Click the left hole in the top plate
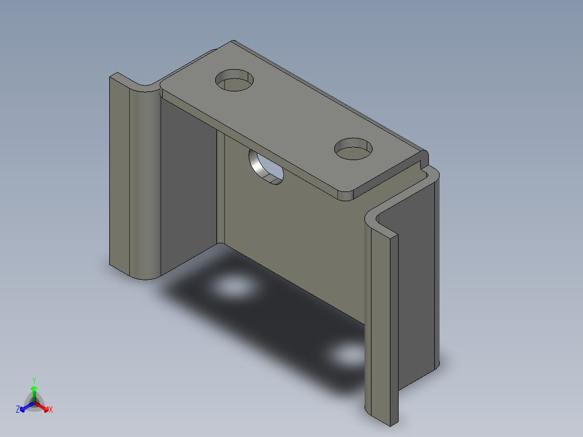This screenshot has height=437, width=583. (235, 81)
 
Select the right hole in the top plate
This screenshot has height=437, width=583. (354, 149)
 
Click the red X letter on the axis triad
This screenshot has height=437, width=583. (50, 410)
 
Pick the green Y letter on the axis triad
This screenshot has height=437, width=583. (34, 380)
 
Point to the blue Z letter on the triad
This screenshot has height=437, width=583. (18, 409)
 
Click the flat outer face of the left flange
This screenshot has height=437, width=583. (120, 173)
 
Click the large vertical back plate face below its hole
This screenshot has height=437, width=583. (292, 243)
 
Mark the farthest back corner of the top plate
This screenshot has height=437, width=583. (233, 41)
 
